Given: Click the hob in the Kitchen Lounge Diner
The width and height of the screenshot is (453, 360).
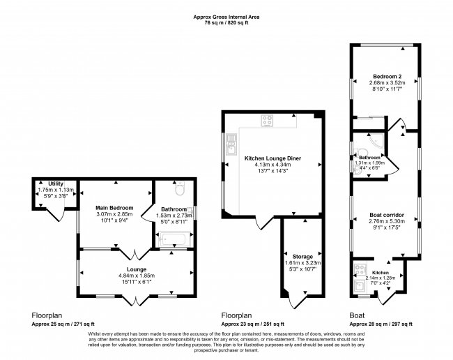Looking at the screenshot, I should [268, 119].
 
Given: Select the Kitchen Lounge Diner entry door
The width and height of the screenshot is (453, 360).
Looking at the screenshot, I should [263, 222].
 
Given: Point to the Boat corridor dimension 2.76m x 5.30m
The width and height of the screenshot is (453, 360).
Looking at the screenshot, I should [386, 221].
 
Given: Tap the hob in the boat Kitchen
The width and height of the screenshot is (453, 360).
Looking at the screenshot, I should [360, 267].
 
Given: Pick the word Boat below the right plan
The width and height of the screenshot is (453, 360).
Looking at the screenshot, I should [357, 315].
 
